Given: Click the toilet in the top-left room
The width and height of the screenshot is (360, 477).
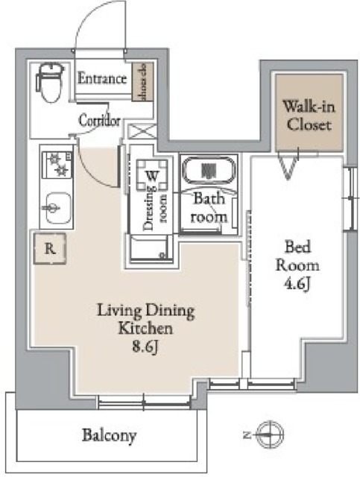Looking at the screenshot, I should (50, 84).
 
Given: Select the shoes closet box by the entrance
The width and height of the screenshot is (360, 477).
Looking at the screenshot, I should (139, 83).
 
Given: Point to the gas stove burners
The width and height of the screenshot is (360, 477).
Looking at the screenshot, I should (54, 165).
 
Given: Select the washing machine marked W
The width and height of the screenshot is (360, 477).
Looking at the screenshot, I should (151, 176).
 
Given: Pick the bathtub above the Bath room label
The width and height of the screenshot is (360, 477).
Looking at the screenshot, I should (209, 172).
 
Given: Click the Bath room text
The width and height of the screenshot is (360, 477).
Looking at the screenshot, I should (209, 208).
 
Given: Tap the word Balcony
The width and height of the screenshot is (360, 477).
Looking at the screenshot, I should (109, 435).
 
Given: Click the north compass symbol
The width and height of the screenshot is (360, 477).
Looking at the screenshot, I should (268, 432).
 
